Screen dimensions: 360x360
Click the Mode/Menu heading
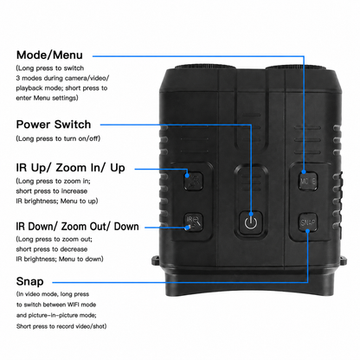[49, 55]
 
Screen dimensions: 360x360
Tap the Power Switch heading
[54, 125]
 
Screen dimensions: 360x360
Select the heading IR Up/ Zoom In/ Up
[71, 168]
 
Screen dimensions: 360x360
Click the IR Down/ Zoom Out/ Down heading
[77, 227]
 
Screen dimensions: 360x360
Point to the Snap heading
[30, 281]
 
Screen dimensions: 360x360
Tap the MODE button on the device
[308, 181]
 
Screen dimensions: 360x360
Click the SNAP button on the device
[308, 222]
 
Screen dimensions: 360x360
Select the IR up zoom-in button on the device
[194, 181]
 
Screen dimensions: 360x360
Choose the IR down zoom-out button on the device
[194, 222]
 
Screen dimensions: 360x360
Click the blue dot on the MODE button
[304, 172]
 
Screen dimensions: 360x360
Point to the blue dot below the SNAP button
[308, 231]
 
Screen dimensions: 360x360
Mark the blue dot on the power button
[251, 214]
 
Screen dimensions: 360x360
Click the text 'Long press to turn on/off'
[58, 138]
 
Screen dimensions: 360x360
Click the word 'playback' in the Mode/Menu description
[29, 88]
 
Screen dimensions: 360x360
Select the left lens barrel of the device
[205, 67]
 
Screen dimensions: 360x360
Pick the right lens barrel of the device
[296, 67]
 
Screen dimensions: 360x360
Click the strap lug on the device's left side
[156, 260]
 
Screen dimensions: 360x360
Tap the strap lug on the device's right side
[344, 260]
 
